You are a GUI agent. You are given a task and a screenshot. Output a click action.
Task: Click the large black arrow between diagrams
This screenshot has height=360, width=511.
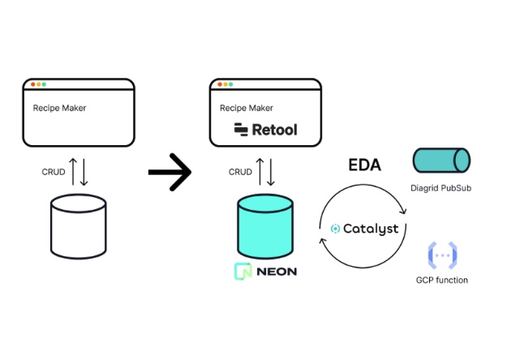click(170, 171)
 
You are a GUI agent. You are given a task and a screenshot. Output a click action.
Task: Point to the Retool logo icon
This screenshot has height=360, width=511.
click(241, 130)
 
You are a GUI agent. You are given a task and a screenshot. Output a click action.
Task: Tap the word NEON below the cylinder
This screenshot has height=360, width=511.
click(276, 272)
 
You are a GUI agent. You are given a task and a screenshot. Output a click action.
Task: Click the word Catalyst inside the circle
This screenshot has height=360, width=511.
click(371, 229)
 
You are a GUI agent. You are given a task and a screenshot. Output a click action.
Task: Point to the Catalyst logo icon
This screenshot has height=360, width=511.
click(336, 229)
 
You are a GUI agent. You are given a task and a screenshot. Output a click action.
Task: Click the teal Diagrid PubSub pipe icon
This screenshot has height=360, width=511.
click(440, 161)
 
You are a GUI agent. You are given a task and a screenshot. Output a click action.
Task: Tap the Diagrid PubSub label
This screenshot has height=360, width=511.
click(440, 189)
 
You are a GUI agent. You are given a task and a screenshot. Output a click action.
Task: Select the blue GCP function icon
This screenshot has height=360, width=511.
click(441, 256)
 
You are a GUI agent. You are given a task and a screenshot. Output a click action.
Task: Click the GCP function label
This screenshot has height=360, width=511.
click(441, 281)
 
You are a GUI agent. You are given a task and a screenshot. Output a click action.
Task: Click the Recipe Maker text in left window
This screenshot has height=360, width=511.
click(59, 107)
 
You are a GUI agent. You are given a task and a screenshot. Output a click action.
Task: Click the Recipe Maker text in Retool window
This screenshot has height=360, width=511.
click(247, 107)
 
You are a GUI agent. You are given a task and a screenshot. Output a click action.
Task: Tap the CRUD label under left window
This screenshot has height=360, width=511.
click(54, 172)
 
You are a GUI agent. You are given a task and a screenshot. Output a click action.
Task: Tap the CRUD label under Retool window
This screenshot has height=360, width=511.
click(240, 172)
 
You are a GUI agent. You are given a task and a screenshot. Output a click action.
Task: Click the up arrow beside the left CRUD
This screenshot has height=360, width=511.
click(73, 171)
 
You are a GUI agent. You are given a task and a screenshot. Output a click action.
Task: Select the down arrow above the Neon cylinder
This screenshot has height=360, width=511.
click(271, 171)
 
